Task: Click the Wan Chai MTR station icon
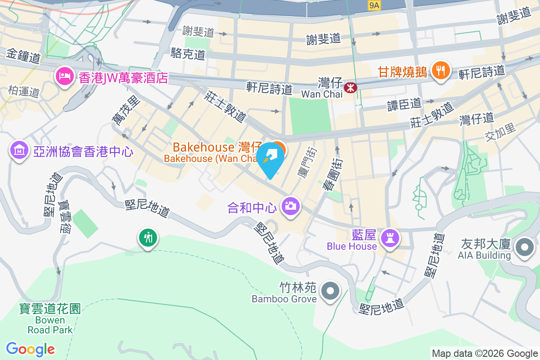[350, 88]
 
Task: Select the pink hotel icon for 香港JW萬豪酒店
[63, 76]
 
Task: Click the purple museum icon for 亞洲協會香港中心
[19, 149]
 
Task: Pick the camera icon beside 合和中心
[291, 207]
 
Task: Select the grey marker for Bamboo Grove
[331, 291]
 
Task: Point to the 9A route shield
[374, 5]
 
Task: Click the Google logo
[30, 349]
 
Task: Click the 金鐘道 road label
[23, 57]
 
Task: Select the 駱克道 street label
[188, 54]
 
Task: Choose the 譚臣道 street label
[404, 104]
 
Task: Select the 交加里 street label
[500, 131]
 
